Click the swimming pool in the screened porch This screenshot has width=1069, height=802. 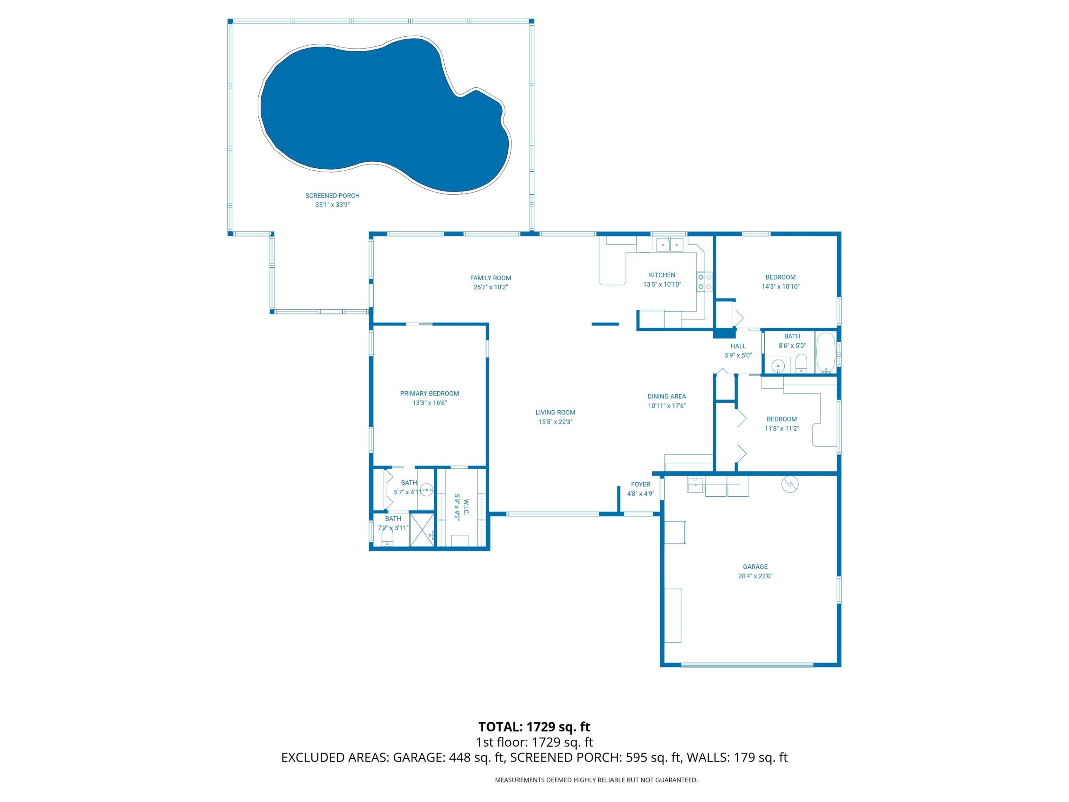click(382, 116)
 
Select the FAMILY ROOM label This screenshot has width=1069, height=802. click(491, 278)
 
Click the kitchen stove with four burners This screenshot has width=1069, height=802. click(704, 282)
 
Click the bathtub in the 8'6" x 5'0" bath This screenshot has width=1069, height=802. click(826, 353)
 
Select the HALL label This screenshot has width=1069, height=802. click(738, 346)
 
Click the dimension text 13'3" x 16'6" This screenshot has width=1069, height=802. click(429, 403)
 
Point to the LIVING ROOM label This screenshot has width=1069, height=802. click(555, 413)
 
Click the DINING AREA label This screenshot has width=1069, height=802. click(666, 397)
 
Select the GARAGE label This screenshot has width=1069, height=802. click(755, 567)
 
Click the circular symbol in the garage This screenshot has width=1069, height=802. click(790, 484)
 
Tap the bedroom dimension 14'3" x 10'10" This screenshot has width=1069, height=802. click(781, 286)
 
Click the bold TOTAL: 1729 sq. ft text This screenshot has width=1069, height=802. click(534, 727)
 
